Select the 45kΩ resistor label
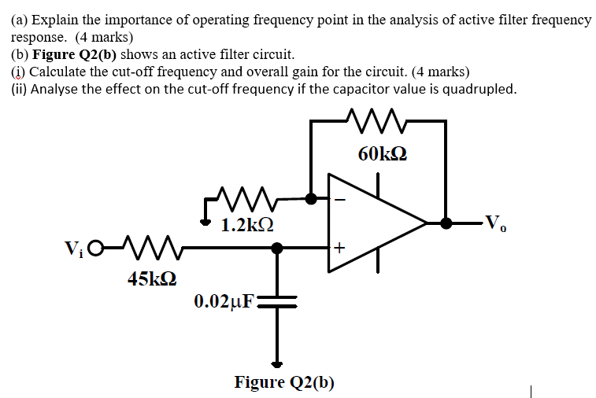coord(152,278)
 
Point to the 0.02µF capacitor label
coord(224,300)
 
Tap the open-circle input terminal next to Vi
coord(95,249)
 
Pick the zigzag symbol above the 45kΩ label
coord(140,249)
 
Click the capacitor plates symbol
coord(277,301)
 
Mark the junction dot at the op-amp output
coord(446,223)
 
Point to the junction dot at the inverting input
coord(312,199)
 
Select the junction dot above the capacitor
coord(277,249)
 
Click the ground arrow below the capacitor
coord(277,364)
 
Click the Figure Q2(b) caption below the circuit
coord(284,383)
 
